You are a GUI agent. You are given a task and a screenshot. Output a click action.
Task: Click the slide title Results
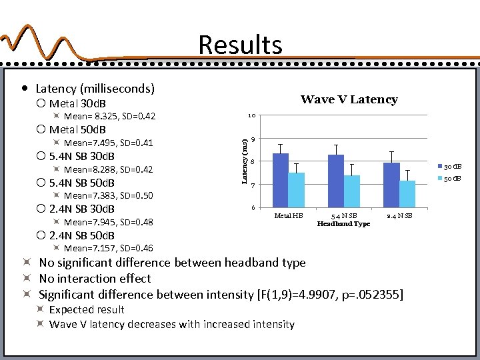click(x=240, y=45)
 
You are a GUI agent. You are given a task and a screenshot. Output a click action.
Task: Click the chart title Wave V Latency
click(x=349, y=100)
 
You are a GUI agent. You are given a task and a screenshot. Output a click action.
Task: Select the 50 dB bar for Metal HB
click(x=297, y=189)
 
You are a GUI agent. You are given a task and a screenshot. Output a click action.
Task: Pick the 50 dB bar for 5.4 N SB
click(x=352, y=191)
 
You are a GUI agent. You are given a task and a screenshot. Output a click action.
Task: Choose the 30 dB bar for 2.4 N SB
click(x=391, y=185)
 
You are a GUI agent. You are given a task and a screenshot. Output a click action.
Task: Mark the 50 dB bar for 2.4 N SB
click(x=407, y=193)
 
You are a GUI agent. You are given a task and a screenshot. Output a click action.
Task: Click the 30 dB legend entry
click(x=450, y=166)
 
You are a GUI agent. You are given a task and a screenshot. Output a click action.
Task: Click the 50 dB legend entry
click(x=450, y=179)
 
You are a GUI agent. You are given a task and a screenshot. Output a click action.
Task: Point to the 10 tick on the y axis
click(x=251, y=117)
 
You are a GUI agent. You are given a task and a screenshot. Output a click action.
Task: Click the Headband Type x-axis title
click(x=343, y=224)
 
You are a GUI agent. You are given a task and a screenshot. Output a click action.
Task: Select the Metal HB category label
click(x=289, y=215)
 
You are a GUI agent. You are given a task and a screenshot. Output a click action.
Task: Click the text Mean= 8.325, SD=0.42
click(x=109, y=117)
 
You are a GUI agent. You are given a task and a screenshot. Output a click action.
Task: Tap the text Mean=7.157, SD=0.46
click(x=108, y=249)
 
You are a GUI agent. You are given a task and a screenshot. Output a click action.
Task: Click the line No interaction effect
click(x=95, y=279)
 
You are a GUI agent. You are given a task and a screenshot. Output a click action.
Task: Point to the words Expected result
click(x=87, y=309)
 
